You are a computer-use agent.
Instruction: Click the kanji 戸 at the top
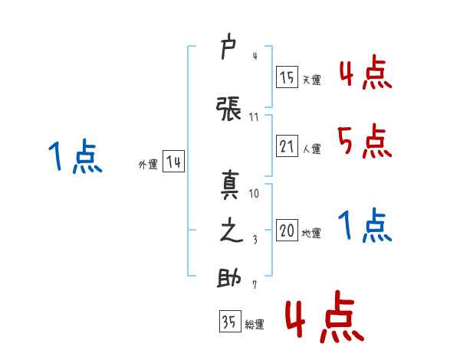click(228, 46)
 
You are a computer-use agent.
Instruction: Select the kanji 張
click(228, 109)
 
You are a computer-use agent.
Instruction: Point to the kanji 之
click(232, 231)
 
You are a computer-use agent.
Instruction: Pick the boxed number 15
click(287, 77)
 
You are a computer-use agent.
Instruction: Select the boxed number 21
click(287, 146)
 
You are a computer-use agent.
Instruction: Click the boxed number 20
click(287, 230)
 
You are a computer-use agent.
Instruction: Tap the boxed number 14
click(173, 162)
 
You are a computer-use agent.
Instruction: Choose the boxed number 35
click(230, 321)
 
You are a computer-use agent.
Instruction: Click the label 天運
click(311, 80)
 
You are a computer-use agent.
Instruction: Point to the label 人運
click(311, 149)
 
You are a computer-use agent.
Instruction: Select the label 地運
click(311, 233)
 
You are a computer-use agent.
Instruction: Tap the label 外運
click(148, 165)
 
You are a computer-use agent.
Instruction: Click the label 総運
click(255, 325)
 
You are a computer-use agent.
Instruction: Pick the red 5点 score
click(365, 141)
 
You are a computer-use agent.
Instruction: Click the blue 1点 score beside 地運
click(365, 225)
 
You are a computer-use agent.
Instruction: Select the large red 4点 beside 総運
click(325, 316)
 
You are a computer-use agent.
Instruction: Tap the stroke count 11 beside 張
click(254, 117)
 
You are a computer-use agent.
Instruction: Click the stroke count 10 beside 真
click(254, 194)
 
